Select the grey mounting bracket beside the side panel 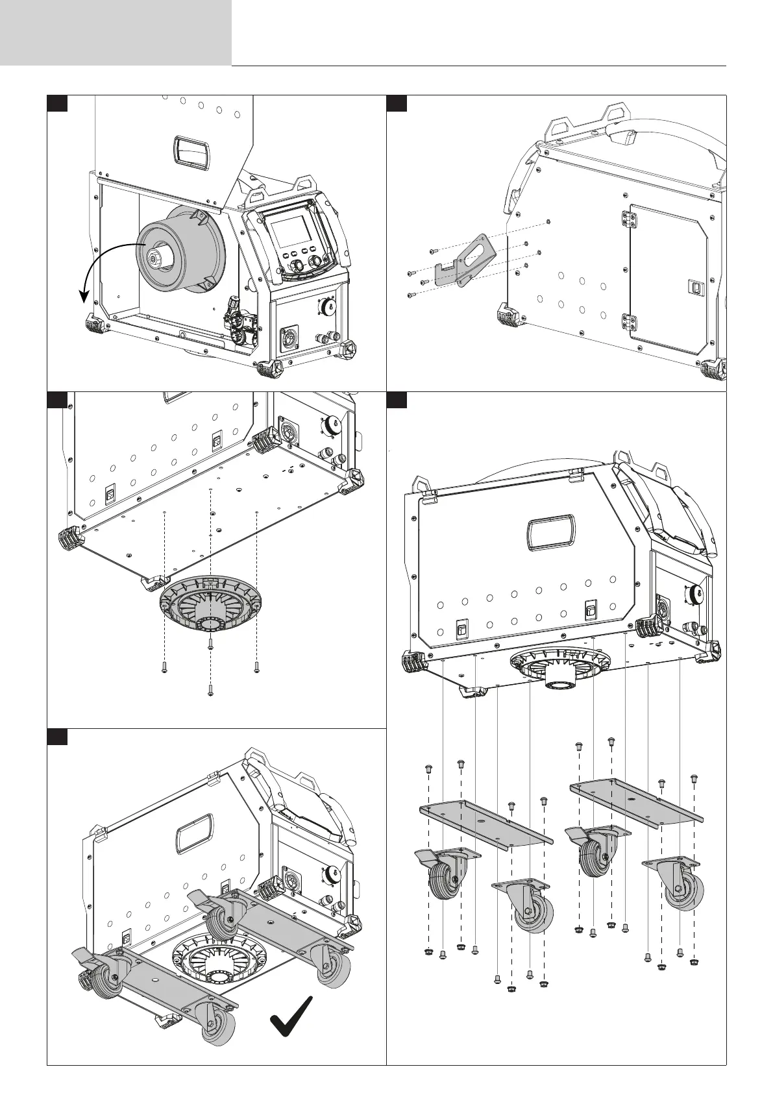point(465,260)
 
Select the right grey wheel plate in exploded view point(635,804)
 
